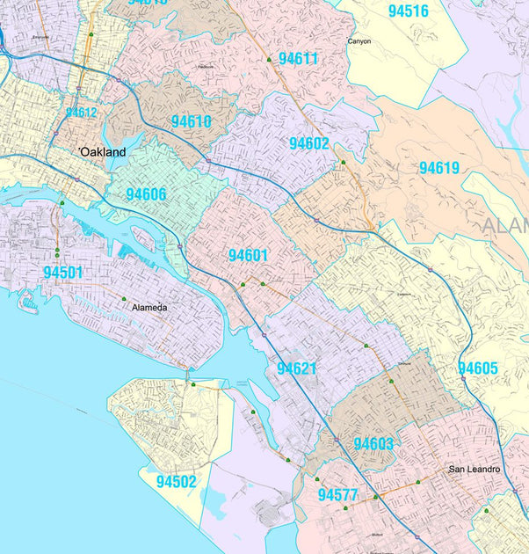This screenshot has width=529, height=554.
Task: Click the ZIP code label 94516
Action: tap(408, 11)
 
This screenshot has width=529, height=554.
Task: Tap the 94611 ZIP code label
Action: tap(298, 59)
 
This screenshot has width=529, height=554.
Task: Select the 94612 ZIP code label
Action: tap(81, 113)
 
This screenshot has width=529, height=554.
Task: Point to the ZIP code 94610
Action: tap(191, 121)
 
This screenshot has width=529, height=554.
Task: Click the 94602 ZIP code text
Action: tap(308, 143)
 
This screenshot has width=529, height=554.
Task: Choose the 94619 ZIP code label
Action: tap(438, 167)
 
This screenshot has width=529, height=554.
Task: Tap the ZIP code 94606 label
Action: tap(146, 193)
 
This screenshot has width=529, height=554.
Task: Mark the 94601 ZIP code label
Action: tap(248, 255)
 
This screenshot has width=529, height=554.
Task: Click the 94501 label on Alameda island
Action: tap(62, 273)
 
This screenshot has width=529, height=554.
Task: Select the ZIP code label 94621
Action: tap(296, 368)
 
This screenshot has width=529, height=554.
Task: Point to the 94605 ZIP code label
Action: tap(477, 368)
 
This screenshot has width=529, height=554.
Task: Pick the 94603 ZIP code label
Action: tap(373, 444)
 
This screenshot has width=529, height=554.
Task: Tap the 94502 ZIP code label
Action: tap(177, 482)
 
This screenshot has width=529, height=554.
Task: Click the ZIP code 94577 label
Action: tap(337, 495)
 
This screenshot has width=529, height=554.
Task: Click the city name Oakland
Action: tap(103, 152)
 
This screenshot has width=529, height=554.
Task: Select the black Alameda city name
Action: tap(148, 308)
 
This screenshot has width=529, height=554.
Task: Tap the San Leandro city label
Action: tap(474, 470)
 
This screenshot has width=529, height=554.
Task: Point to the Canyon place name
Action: tap(359, 41)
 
